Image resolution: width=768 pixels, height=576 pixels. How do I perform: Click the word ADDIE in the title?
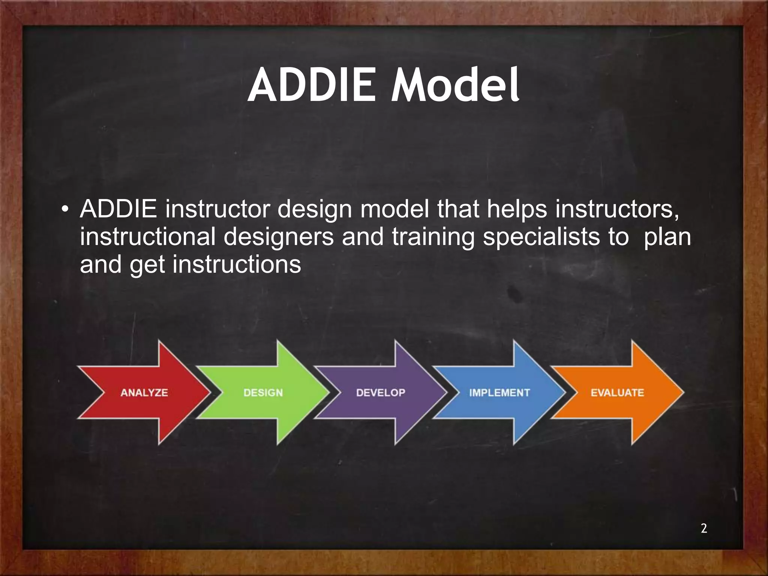tap(311, 85)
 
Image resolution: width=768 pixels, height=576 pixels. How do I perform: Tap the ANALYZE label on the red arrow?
tap(144, 393)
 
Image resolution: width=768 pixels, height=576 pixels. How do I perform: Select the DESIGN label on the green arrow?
tap(263, 393)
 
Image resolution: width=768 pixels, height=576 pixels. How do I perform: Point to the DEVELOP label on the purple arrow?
tap(381, 393)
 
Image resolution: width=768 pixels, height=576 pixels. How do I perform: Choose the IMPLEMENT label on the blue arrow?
tap(499, 393)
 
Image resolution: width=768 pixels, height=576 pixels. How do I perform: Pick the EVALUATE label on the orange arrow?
tap(617, 393)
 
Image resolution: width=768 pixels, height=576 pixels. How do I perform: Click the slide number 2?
tap(704, 528)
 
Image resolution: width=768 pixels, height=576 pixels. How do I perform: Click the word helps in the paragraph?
tap(517, 209)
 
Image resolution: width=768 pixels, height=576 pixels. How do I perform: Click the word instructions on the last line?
tap(237, 265)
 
